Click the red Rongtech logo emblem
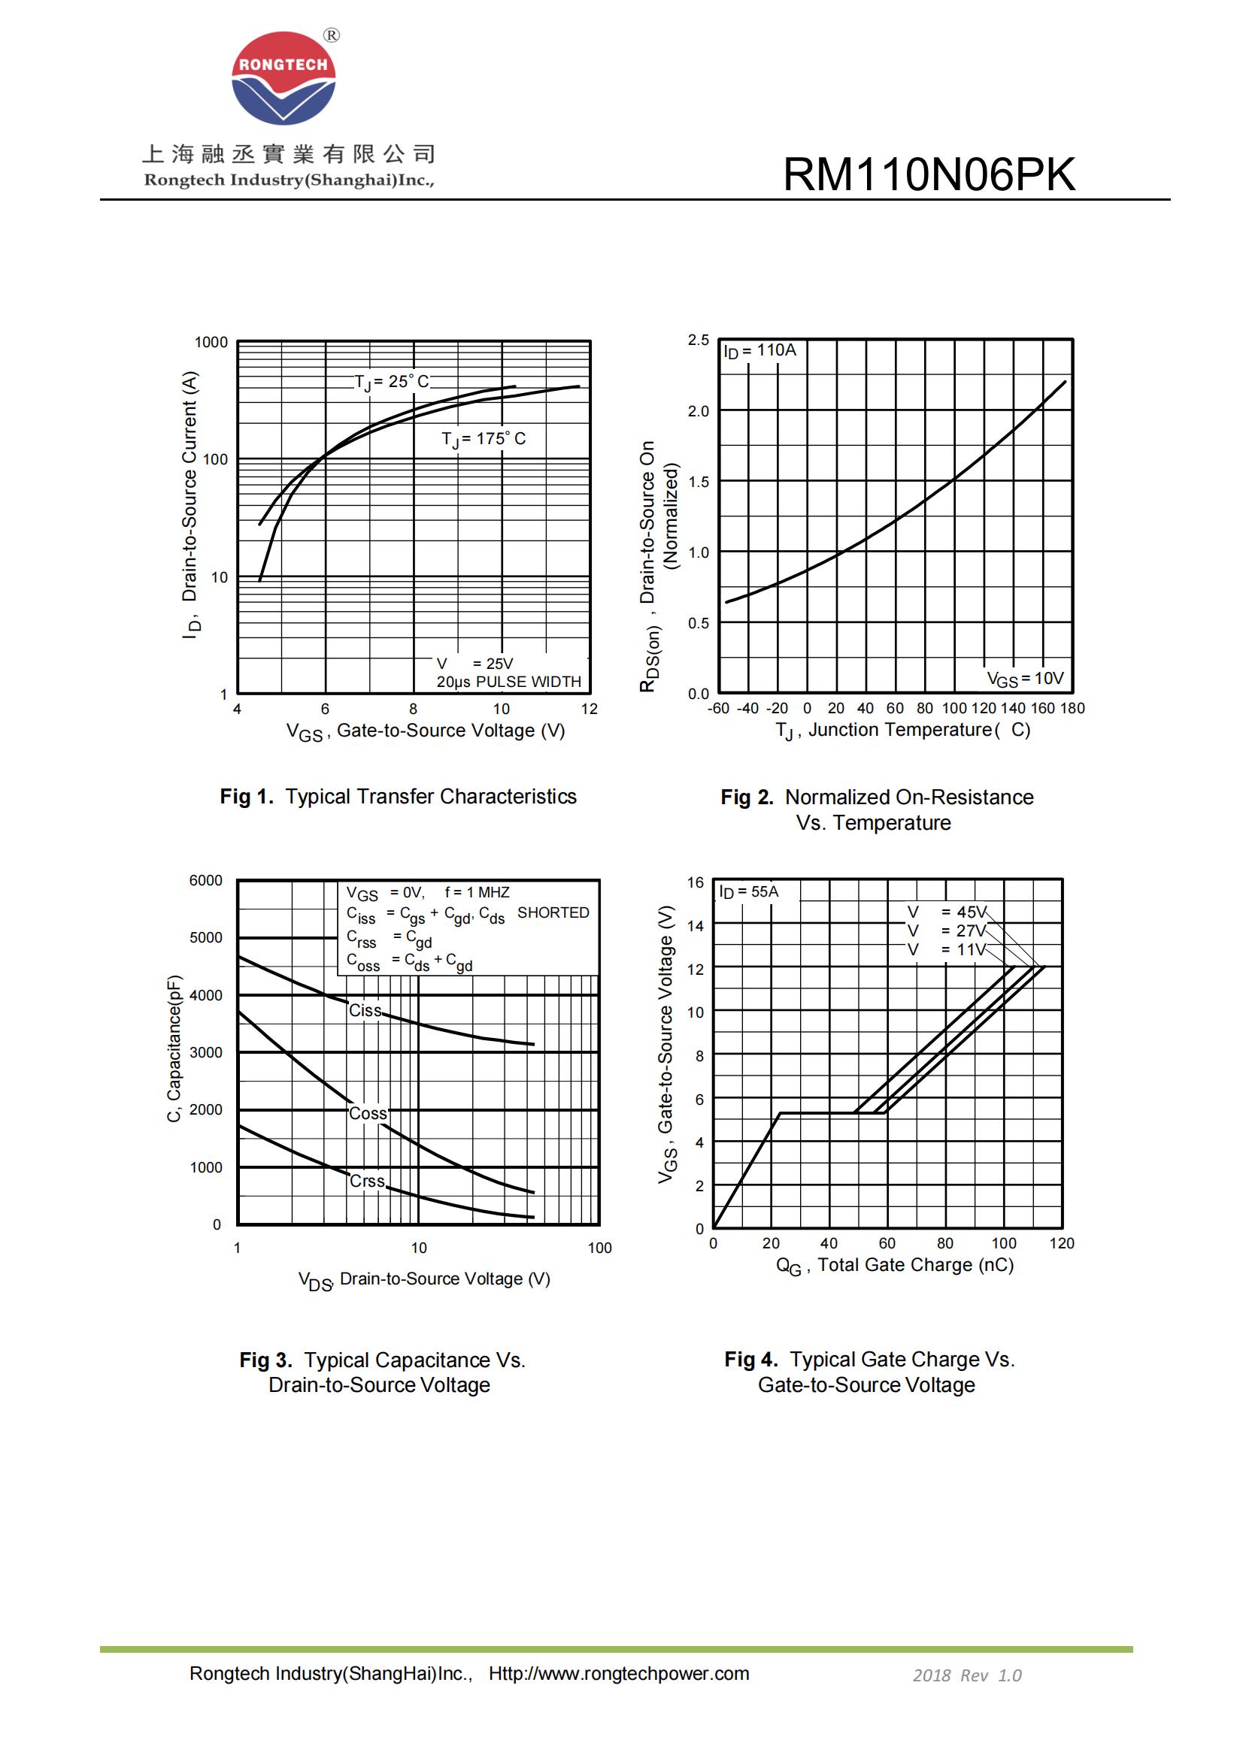point(283,78)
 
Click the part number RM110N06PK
point(928,174)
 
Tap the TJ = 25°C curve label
point(391,382)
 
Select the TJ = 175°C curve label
point(484,440)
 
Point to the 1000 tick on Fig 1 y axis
point(211,342)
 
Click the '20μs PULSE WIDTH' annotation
point(508,682)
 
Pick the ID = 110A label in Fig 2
point(759,351)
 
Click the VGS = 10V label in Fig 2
point(1025,679)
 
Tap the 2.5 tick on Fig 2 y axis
point(698,340)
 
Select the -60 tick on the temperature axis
point(717,708)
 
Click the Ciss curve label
point(365,1011)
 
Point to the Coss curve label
point(368,1113)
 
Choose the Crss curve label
point(368,1182)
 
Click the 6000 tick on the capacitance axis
point(205,881)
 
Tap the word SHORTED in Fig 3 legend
point(553,912)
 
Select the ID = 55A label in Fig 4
point(748,892)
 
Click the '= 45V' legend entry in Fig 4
point(963,912)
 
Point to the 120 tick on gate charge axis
point(1062,1243)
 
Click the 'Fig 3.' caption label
point(265,1360)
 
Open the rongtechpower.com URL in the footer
point(619,1674)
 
